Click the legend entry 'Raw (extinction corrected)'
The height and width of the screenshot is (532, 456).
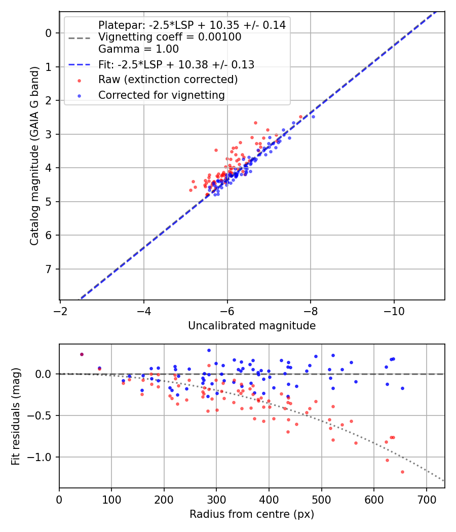click(168, 80)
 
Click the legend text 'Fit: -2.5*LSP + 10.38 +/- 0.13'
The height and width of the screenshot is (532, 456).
click(176, 64)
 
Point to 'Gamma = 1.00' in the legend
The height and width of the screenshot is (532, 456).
click(138, 49)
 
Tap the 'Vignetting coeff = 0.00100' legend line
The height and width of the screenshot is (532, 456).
click(170, 37)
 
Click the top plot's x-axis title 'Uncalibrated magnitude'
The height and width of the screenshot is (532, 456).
click(252, 326)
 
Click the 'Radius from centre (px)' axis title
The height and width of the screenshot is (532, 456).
click(252, 514)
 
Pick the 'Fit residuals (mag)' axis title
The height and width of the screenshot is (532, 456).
click(16, 416)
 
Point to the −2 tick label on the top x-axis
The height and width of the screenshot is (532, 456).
click(60, 310)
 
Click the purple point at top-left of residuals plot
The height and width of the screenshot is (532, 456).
click(82, 354)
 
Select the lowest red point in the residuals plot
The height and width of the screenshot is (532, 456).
click(402, 472)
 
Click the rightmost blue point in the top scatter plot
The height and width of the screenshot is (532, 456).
click(313, 117)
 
